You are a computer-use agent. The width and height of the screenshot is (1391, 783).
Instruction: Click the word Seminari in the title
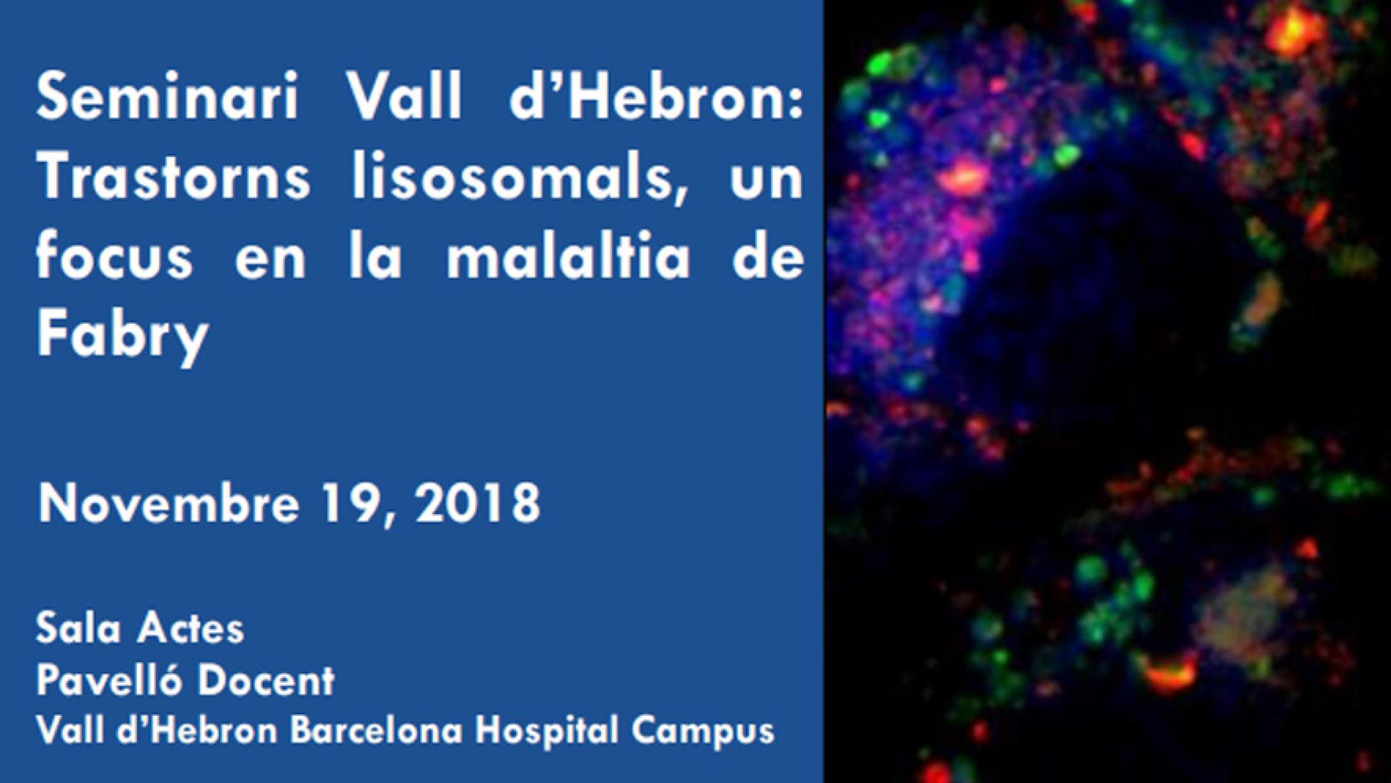click(x=168, y=96)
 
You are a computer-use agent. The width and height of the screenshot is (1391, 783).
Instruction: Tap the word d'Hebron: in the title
click(x=656, y=96)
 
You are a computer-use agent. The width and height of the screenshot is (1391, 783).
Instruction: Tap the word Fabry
click(x=123, y=335)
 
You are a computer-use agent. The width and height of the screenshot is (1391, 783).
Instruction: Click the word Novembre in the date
click(x=169, y=502)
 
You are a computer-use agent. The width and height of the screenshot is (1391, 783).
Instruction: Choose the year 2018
click(x=478, y=502)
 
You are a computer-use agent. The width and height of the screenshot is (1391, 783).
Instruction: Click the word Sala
click(x=78, y=628)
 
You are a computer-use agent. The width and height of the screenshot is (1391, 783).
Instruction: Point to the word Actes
click(x=192, y=628)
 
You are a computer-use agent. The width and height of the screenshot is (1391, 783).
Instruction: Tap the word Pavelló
click(x=109, y=679)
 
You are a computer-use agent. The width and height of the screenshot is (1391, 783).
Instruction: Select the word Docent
click(x=266, y=680)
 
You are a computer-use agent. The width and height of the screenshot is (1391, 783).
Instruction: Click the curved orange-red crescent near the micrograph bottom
click(x=1169, y=672)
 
